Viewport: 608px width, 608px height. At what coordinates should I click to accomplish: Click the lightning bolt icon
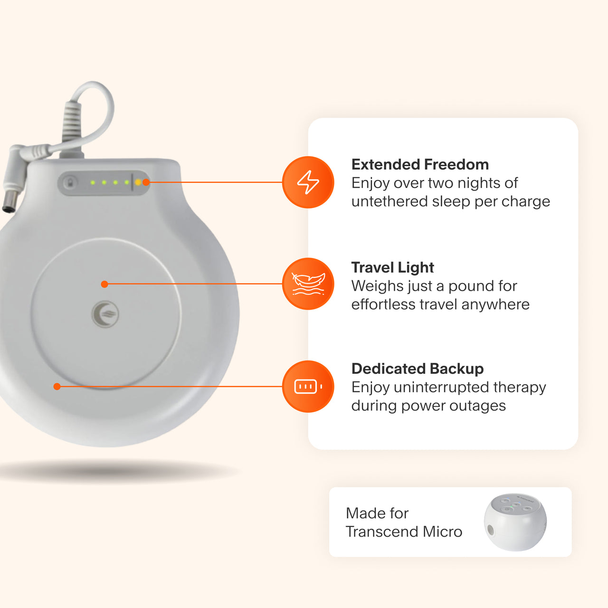click(x=308, y=182)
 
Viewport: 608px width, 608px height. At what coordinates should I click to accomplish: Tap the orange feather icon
click(x=308, y=284)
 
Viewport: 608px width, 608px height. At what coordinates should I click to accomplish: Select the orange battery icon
click(x=308, y=387)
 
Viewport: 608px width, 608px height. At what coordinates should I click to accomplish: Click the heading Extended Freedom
click(x=420, y=164)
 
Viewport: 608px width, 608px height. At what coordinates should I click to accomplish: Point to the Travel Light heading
click(x=392, y=267)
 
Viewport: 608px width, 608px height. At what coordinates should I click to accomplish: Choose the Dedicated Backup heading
click(x=418, y=369)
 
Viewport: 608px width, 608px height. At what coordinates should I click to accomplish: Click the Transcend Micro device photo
click(x=515, y=522)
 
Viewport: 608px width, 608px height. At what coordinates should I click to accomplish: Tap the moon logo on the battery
click(x=105, y=314)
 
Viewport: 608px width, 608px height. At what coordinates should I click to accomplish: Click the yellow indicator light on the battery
click(x=138, y=182)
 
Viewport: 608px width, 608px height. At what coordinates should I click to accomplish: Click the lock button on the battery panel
click(x=71, y=182)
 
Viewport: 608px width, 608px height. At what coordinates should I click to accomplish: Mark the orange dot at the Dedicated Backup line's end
click(x=57, y=387)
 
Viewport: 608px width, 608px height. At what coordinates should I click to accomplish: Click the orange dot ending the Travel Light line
click(x=104, y=284)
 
